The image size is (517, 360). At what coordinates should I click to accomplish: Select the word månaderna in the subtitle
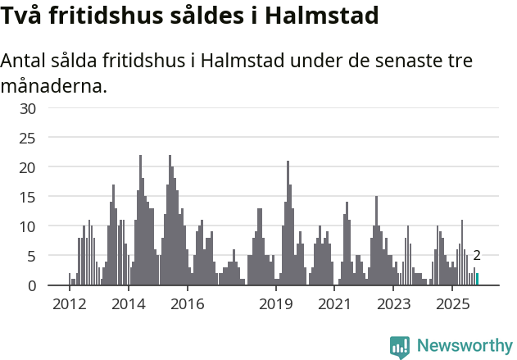(54, 84)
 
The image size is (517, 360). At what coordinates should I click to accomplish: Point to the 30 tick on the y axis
(28, 108)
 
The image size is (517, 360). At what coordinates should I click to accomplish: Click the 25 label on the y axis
(28, 138)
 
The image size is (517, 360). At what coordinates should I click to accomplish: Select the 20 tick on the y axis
(28, 167)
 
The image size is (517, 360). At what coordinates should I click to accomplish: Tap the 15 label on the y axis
(28, 197)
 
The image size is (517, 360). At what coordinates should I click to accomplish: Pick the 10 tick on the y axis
(28, 226)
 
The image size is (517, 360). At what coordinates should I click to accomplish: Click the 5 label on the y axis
(32, 256)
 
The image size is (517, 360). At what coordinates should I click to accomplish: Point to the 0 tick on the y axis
(32, 285)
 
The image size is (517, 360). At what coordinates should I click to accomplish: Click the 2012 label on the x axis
(69, 304)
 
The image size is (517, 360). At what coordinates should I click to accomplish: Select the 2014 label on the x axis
(129, 304)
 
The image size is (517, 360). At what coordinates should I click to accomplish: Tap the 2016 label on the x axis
(188, 304)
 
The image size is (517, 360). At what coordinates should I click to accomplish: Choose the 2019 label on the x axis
(276, 304)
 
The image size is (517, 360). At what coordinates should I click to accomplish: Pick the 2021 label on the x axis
(334, 304)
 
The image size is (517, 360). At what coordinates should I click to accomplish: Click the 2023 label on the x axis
(393, 304)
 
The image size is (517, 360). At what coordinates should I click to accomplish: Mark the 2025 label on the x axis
(452, 304)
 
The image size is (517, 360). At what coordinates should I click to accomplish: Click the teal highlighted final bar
(477, 280)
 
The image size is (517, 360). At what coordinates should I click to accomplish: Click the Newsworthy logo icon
(400, 347)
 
